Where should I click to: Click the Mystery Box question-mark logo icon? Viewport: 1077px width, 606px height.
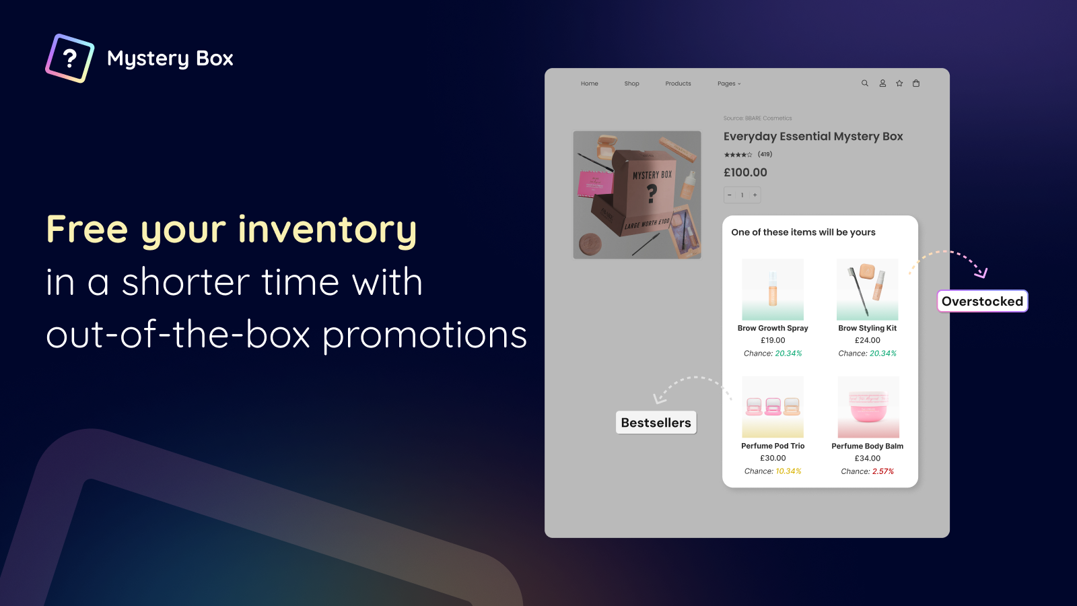pos(70,59)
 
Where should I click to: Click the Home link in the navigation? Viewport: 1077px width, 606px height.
pos(590,83)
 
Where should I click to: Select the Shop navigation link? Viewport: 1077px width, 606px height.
pos(631,83)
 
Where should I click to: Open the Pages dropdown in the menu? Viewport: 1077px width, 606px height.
pos(728,83)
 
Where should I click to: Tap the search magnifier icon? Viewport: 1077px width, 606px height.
pos(865,83)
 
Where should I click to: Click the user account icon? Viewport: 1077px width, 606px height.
pos(882,83)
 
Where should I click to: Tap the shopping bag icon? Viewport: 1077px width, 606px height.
pos(916,83)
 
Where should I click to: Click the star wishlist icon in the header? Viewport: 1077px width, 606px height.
pos(899,83)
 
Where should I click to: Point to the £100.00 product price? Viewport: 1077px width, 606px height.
pos(745,172)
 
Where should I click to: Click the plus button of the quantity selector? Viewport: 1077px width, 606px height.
pos(755,195)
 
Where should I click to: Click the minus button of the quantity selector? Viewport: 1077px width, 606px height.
pos(730,195)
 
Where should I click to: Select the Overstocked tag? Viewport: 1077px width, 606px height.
pos(982,301)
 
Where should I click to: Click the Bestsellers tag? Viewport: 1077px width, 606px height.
pos(656,423)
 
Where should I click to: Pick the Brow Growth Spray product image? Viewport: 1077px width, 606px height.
pos(773,290)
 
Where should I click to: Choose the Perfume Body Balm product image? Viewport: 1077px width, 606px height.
pos(868,407)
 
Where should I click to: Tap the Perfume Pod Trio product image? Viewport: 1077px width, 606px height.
pos(773,407)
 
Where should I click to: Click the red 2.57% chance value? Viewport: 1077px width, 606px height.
pos(883,471)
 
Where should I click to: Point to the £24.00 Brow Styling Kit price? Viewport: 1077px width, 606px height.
pos(868,341)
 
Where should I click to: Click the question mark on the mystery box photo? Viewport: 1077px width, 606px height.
pos(652,194)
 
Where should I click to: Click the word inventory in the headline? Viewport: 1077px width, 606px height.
pos(327,230)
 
